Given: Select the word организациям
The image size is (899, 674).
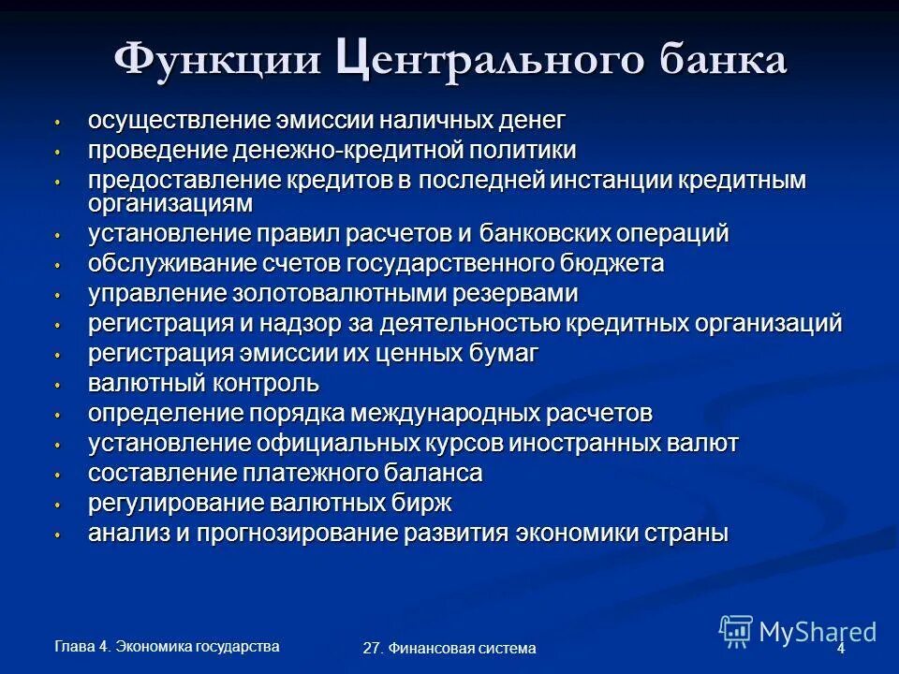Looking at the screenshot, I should [x=170, y=201].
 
